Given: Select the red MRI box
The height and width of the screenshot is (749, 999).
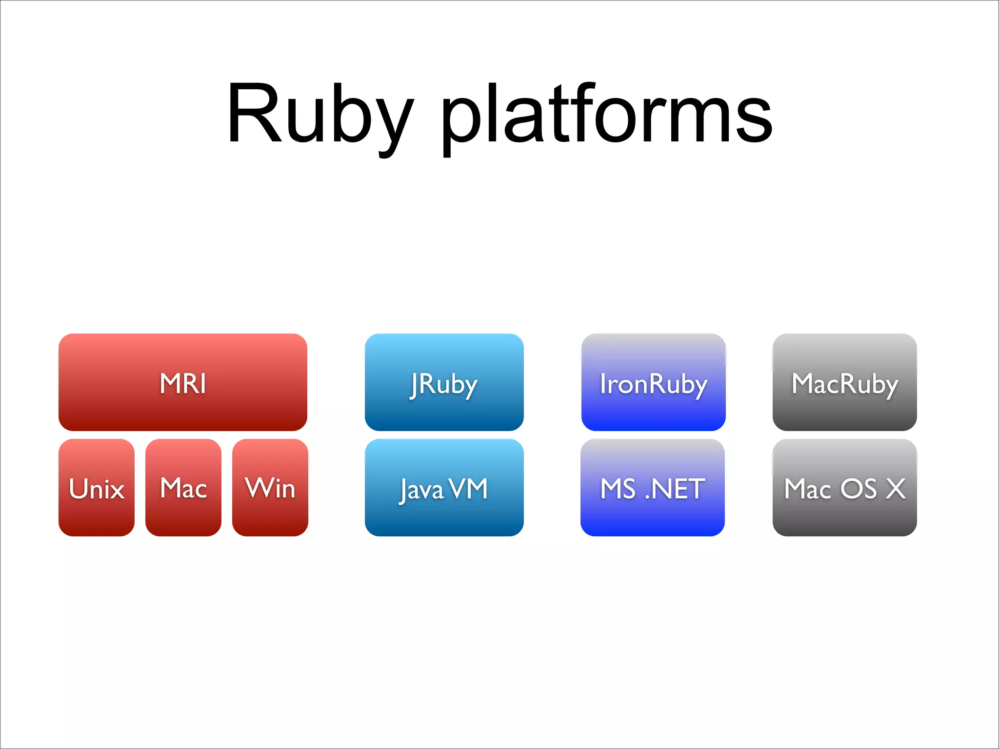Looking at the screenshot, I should pos(183,382).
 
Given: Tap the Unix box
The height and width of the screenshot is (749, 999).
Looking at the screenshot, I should pos(97,488).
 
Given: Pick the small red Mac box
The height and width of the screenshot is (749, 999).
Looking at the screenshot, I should pos(183,488).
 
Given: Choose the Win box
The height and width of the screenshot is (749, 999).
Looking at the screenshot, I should pos(270,488).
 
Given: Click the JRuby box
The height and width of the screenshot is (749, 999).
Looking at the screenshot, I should pos(444,382).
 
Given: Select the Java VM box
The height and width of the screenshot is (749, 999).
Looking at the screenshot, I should pos(444,488).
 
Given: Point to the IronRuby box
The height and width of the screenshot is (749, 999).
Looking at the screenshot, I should pos(653,382).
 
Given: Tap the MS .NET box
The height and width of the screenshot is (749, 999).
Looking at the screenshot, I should pos(653,488).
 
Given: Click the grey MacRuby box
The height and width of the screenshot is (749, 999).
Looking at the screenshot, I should pos(844,382).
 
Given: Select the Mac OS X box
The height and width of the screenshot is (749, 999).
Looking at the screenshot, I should pos(844,488).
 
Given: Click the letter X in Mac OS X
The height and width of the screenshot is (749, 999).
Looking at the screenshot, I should pos(896,489).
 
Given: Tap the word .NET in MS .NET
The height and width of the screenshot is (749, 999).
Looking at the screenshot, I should pos(675,489).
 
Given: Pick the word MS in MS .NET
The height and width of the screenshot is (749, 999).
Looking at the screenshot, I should pos(618,489).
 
